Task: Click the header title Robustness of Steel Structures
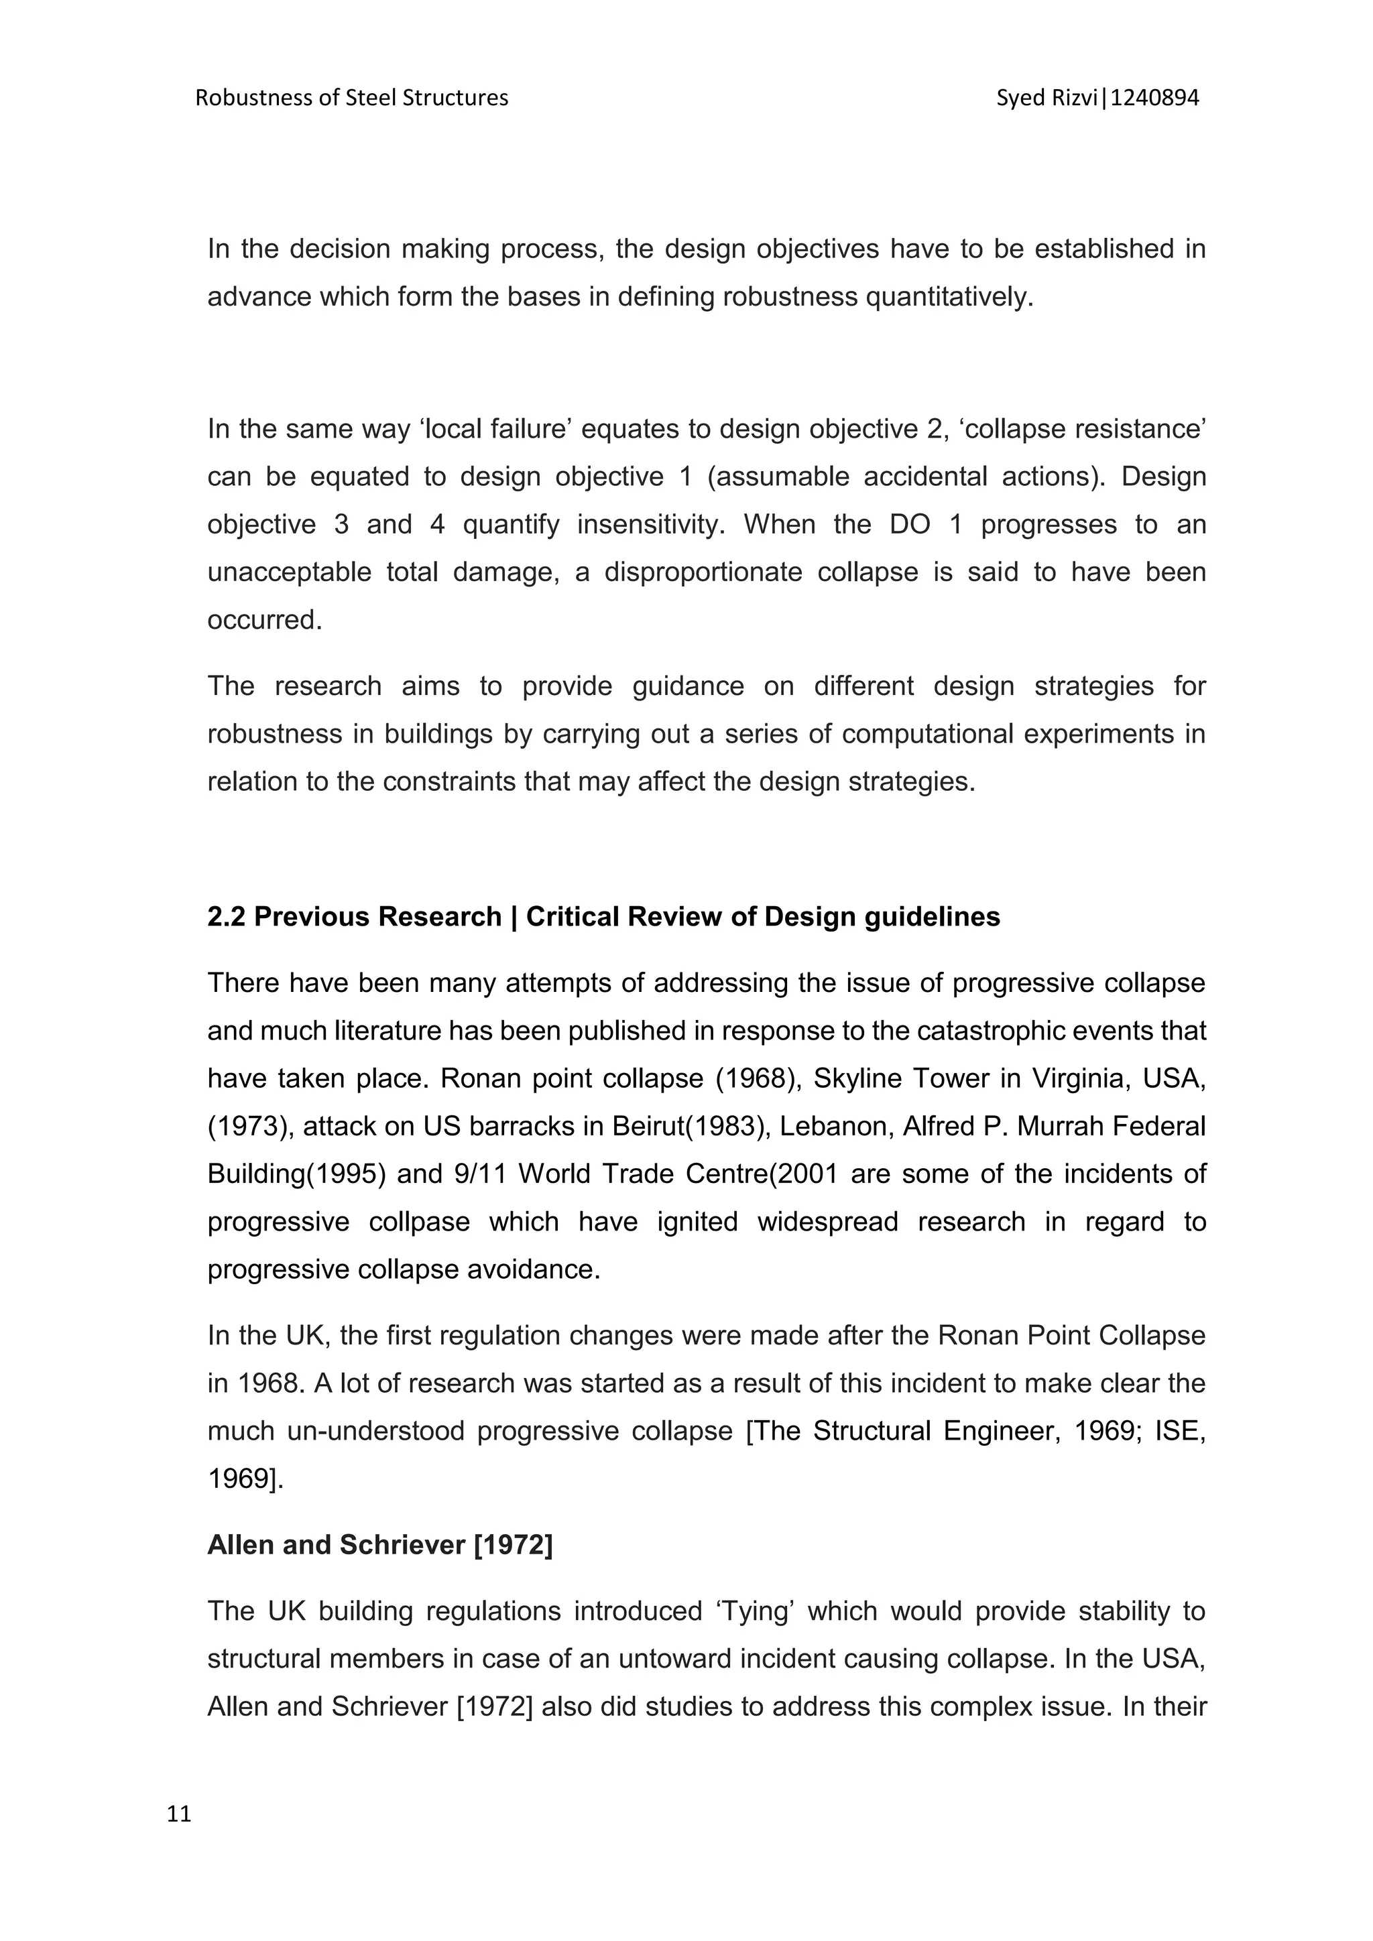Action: click(352, 98)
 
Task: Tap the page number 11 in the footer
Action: click(179, 1814)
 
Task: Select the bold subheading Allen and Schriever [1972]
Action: click(379, 1544)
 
